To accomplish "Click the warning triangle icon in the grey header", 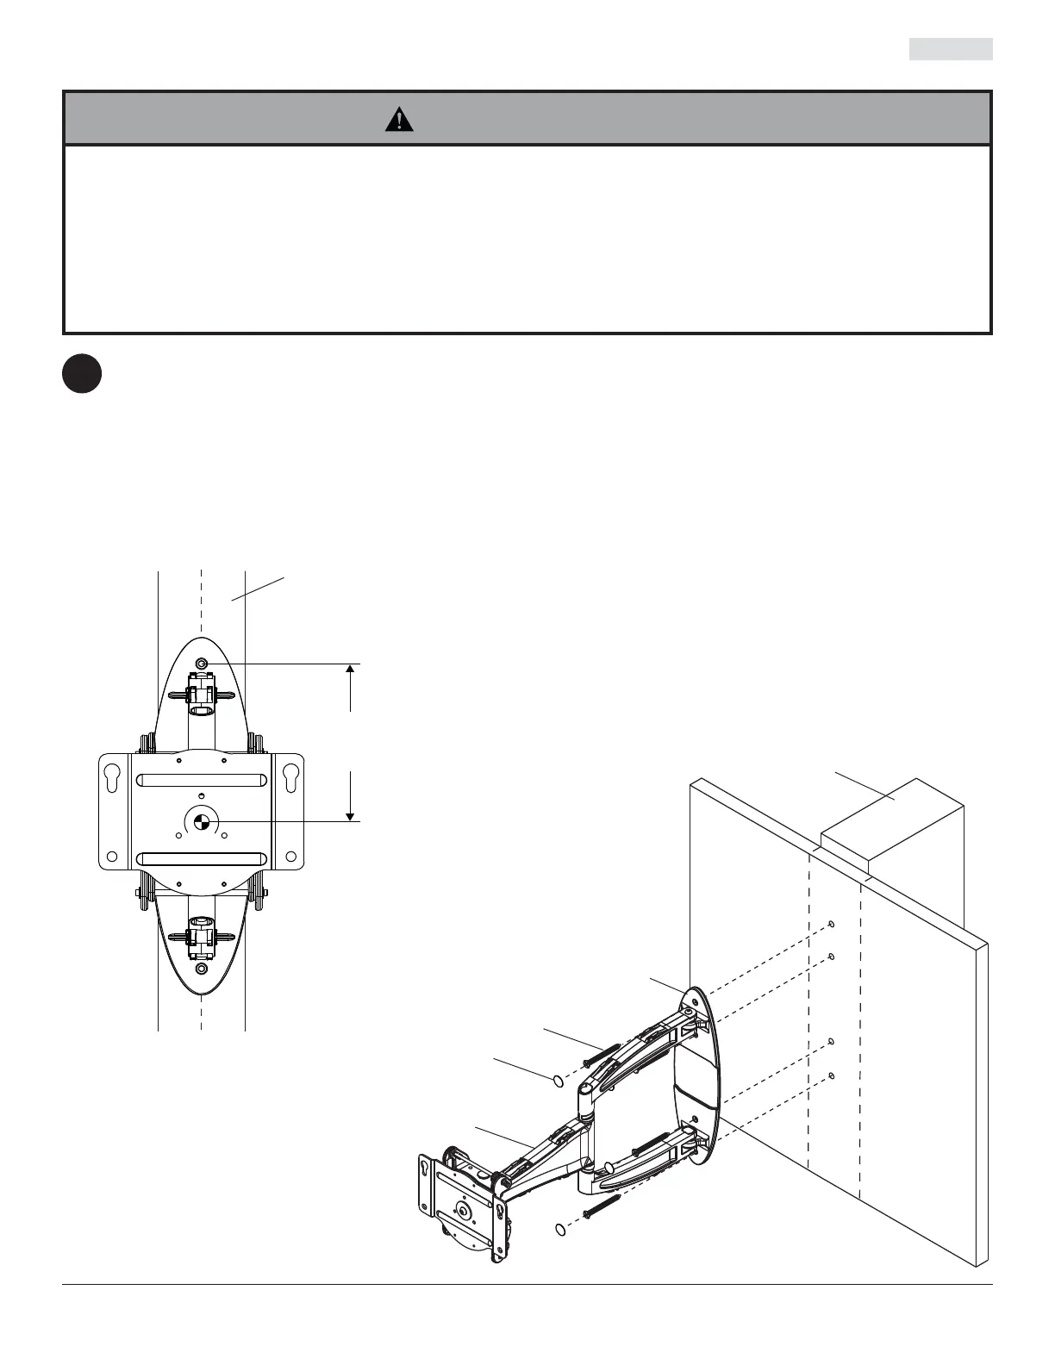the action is point(399,120).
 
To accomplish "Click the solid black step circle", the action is point(82,375).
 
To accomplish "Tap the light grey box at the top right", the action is point(950,49).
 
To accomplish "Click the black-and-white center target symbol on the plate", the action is point(200,821).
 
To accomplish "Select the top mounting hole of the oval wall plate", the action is point(201,664).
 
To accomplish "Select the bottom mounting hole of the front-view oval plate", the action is point(201,969).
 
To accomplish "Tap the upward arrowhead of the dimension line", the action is point(351,671).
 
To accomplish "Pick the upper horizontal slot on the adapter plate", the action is point(200,781).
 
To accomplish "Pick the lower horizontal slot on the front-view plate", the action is point(200,859).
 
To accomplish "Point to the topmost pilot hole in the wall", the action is point(830,925).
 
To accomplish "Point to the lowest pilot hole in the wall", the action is point(831,1075).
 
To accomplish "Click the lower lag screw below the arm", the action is point(602,1206).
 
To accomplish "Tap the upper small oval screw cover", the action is point(558,1079).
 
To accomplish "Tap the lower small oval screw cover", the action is point(560,1230).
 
